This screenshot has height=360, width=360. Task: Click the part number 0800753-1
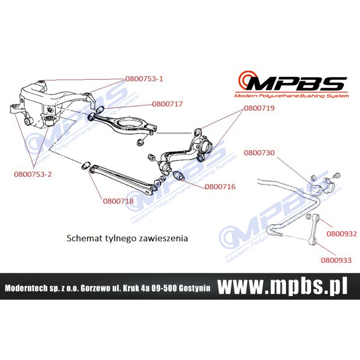[144, 79]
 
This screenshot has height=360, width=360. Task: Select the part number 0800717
[167, 104]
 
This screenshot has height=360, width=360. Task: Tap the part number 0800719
[259, 108]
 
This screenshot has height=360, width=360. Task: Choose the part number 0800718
[118, 201]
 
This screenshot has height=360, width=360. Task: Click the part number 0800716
[220, 186]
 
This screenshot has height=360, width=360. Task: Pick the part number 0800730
[259, 153]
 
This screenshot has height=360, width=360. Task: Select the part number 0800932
[342, 234]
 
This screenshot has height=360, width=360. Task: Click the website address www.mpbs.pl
[283, 286]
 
